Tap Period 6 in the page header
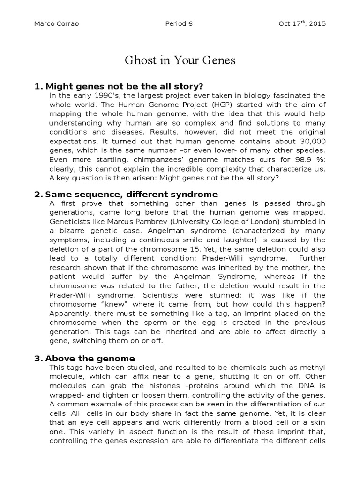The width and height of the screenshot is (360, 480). [x=179, y=24]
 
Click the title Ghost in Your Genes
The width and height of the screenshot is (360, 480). [x=180, y=60]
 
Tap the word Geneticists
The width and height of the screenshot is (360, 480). [x=68, y=222]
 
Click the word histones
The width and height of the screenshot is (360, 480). [x=154, y=386]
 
